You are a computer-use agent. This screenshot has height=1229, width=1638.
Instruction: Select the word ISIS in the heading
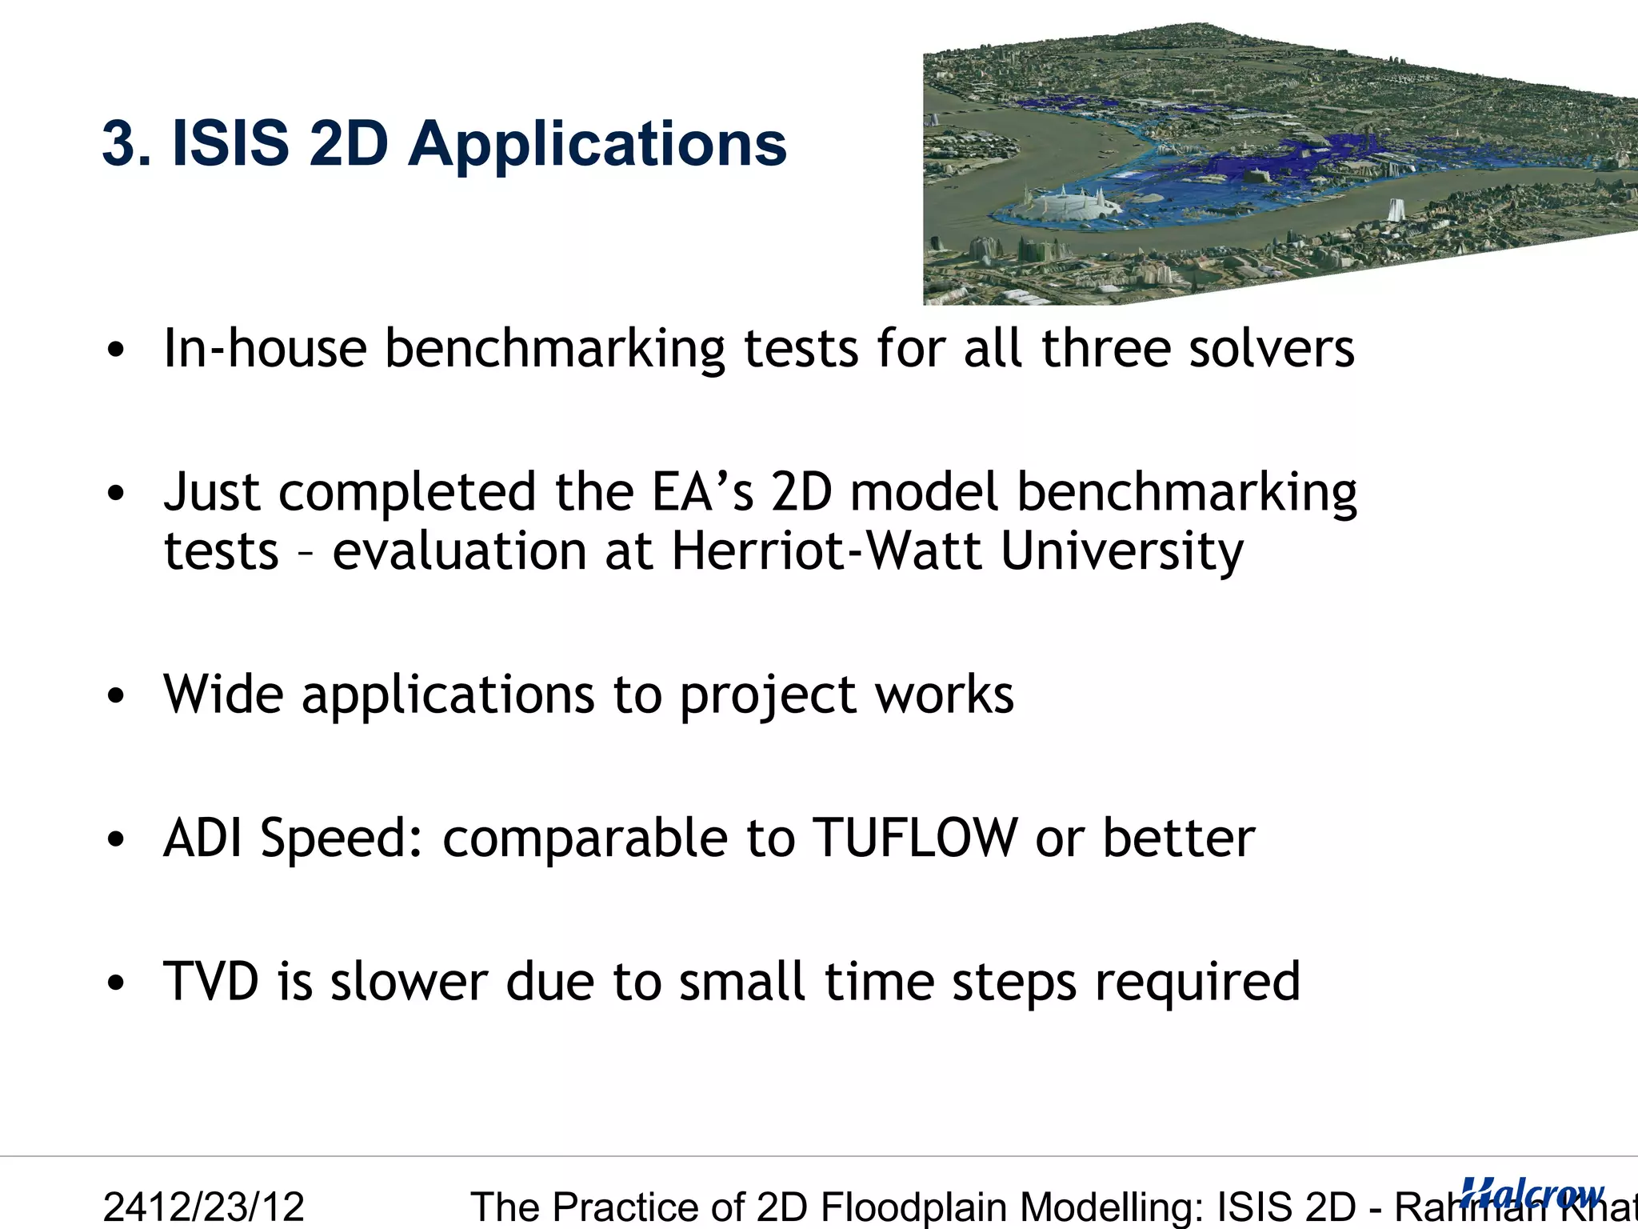[x=230, y=144]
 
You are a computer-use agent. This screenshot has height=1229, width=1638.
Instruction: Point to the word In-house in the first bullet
[x=265, y=349]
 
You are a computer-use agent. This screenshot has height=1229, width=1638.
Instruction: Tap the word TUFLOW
[x=914, y=838]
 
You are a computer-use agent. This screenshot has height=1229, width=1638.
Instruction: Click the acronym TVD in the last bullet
[x=211, y=981]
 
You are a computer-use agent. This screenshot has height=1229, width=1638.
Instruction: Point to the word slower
[x=409, y=981]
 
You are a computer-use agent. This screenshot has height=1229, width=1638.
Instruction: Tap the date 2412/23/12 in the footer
[x=204, y=1207]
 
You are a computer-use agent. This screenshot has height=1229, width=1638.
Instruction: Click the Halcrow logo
[x=1532, y=1193]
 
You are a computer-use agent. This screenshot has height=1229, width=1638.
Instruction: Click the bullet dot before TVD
[x=117, y=983]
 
